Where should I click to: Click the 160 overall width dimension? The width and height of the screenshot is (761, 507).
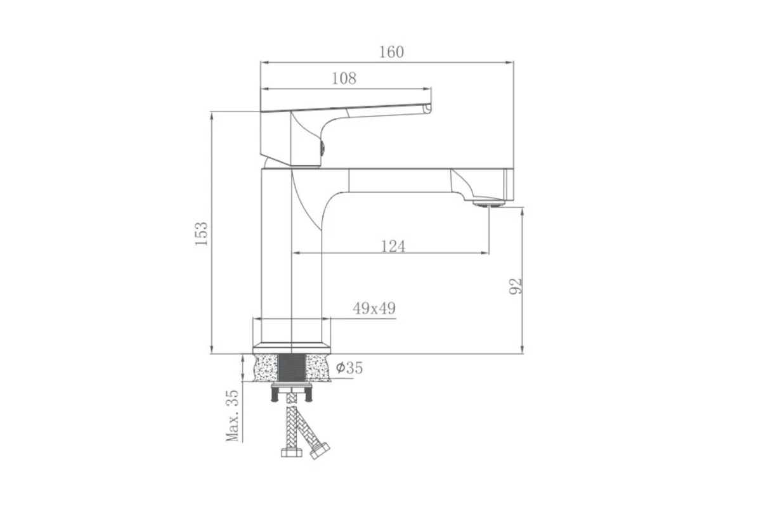tap(391, 52)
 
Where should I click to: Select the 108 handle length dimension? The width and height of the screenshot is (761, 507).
tap(344, 79)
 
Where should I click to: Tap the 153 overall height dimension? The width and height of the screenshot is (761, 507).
tap(201, 234)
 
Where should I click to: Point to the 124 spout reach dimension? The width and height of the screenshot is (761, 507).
tap(393, 247)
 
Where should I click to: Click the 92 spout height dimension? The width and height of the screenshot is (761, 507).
tap(515, 286)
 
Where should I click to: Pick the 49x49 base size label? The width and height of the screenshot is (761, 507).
tap(374, 309)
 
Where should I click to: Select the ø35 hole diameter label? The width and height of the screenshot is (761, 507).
tap(349, 368)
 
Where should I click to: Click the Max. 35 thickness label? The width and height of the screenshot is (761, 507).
tap(232, 416)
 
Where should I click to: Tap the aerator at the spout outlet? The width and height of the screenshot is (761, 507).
tap(489, 203)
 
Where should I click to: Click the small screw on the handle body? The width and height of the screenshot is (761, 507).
tap(322, 148)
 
